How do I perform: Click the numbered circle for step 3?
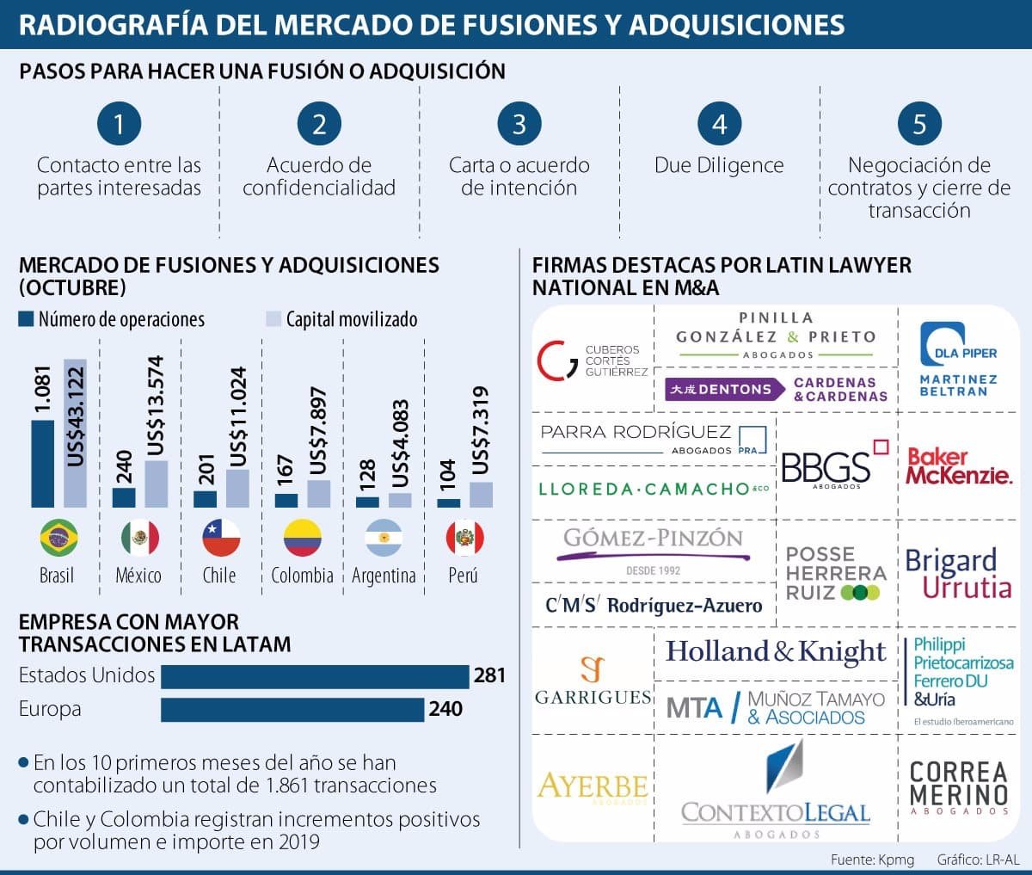coord(519,124)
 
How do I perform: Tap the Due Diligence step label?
coord(719,165)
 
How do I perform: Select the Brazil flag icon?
coord(58,539)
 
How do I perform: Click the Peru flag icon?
coord(464,539)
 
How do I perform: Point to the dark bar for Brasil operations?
coord(42,464)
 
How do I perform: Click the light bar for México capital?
coord(156,484)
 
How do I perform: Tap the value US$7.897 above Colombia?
coord(319,430)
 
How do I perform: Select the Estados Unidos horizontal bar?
coord(315,676)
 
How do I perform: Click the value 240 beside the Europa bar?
coord(445,709)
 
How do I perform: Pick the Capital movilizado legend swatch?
coord(273,320)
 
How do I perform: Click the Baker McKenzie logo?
coord(959,465)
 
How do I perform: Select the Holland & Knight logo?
coord(776,652)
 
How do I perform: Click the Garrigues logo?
coord(593,681)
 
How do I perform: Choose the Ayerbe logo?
coord(593,786)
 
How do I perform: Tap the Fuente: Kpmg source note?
coord(872,860)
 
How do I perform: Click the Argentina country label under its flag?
coord(384,576)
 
